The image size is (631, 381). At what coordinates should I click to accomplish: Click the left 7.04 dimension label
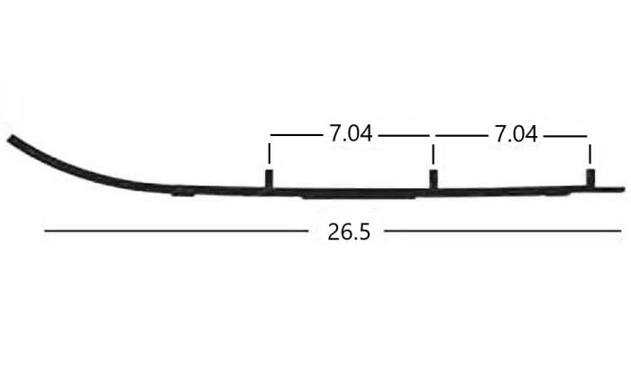(350, 134)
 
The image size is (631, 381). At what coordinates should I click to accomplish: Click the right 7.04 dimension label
(515, 134)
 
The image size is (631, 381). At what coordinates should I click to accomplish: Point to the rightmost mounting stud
(590, 177)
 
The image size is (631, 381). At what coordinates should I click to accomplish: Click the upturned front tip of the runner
(14, 141)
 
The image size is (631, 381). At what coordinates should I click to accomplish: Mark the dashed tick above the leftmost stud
(270, 149)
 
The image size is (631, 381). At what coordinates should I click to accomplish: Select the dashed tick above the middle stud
(434, 149)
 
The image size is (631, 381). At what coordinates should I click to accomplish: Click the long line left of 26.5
(176, 231)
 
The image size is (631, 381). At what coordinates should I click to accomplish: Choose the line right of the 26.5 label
(502, 231)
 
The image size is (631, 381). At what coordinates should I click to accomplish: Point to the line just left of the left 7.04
(296, 135)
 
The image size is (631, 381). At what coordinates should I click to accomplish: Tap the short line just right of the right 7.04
(565, 135)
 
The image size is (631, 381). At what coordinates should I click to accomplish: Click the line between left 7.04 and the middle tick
(403, 135)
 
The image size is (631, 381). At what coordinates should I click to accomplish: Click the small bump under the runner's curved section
(181, 191)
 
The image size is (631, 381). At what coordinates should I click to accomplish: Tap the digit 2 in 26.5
(333, 231)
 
